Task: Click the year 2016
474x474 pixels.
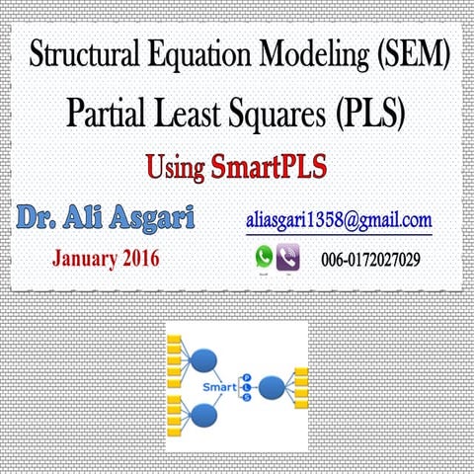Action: point(139,260)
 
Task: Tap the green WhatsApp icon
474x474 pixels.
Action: point(264,257)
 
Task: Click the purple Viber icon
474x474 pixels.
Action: point(289,258)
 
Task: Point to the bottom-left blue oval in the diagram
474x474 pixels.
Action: point(205,416)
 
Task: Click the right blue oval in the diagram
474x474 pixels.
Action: point(271,387)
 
